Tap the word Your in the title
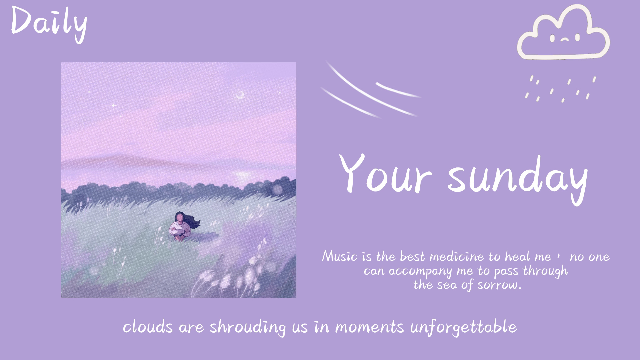385,175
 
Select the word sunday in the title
518,178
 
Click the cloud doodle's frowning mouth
565,40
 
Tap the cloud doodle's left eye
552,38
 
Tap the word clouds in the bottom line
148,327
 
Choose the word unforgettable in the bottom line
463,327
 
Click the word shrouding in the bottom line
248,327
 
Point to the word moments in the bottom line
369,327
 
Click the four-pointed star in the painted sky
113,105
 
